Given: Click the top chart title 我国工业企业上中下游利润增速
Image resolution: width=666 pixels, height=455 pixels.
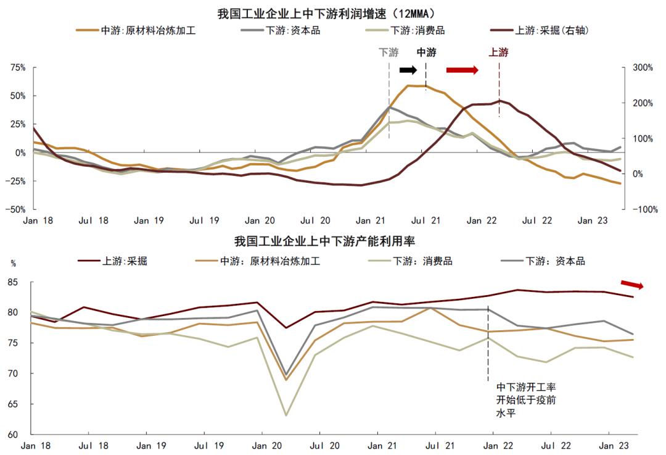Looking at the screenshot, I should coord(334,12).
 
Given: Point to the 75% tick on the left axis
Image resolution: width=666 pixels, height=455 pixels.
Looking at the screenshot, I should coord(17,68).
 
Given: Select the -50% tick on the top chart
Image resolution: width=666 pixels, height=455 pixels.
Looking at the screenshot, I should coord(15,210).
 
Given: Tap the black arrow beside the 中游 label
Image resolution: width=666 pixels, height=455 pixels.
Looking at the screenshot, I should coord(408,70).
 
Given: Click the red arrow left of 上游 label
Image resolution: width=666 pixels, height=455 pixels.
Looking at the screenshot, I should coord(462,70).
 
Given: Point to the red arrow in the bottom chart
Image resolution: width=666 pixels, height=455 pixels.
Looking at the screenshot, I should coord(631,285).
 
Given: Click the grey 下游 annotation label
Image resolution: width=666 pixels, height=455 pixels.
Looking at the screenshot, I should coord(388,53).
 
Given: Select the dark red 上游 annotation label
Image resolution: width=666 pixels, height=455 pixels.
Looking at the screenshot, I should coord(498,53).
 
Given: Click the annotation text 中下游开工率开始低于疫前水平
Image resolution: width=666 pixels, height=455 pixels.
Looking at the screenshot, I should coord(526,399).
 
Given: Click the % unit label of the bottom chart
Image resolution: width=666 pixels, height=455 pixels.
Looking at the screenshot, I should coord(14,263).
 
